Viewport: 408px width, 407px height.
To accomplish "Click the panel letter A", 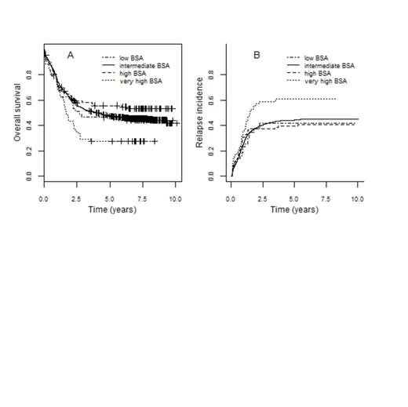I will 71,55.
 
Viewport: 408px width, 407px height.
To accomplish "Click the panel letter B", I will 257,55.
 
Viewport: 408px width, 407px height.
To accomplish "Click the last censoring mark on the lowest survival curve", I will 155,141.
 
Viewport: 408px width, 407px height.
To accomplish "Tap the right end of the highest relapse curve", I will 336,99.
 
